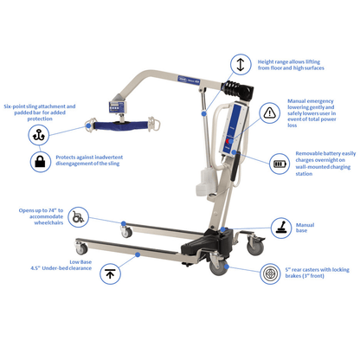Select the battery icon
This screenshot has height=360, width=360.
tap(280, 163)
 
